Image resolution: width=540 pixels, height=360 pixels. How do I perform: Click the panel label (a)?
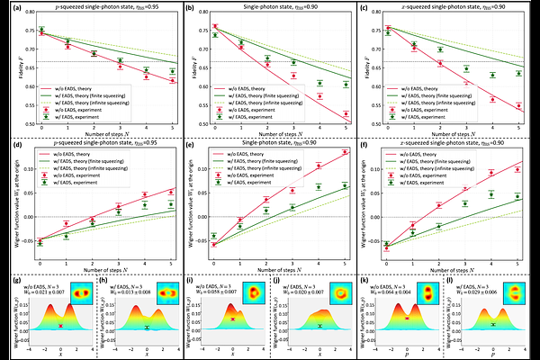(x=7, y=6)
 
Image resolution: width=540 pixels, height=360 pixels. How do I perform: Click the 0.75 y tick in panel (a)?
(x=25, y=29)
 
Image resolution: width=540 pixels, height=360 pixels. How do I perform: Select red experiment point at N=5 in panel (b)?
(x=346, y=113)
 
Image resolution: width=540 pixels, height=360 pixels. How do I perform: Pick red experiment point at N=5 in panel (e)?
(x=346, y=151)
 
